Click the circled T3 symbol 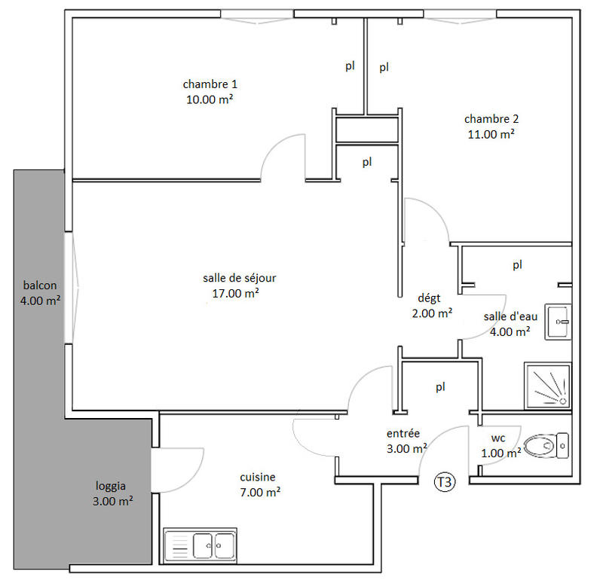pos(445,482)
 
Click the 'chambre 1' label pos(205,84)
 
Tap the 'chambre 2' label pos(491,118)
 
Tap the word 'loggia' pos(110,485)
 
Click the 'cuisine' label pos(258,477)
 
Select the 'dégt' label pos(429,298)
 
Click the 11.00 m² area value pos(491,134)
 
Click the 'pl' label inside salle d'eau pos(517,265)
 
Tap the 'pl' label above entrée pos(441,387)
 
